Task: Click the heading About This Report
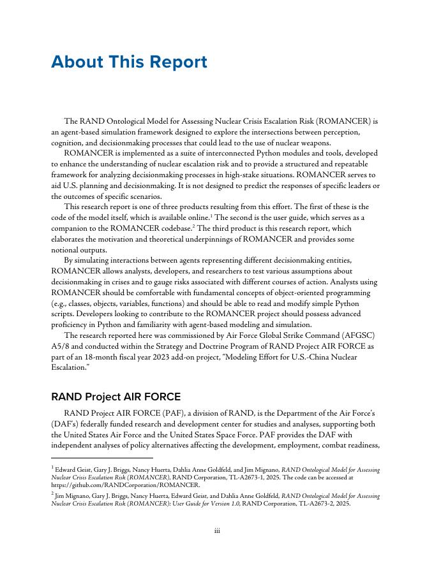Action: pyautogui.click(x=129, y=62)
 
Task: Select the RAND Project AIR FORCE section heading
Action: pyautogui.click(x=116, y=397)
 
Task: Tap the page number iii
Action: pyautogui.click(x=217, y=530)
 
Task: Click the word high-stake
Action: pyautogui.click(x=255, y=174)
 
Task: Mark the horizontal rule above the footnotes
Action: pyautogui.click(x=102, y=458)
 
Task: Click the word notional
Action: pyautogui.click(x=68, y=249)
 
